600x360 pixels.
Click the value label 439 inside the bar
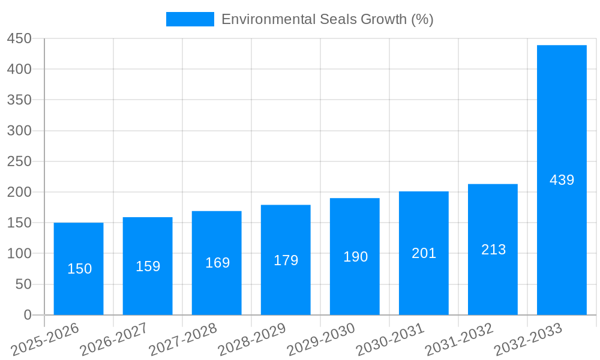562,180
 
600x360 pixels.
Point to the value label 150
79,269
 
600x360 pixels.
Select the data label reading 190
355,257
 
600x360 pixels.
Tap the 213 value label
493,250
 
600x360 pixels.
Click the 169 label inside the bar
217,263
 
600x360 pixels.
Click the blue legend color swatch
190,19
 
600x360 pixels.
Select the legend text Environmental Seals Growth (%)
327,19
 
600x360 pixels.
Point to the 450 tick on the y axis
19,38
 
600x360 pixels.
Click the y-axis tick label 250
19,161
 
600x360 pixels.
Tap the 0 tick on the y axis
27,315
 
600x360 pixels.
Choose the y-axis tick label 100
19,253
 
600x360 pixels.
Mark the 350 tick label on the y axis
19,100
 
